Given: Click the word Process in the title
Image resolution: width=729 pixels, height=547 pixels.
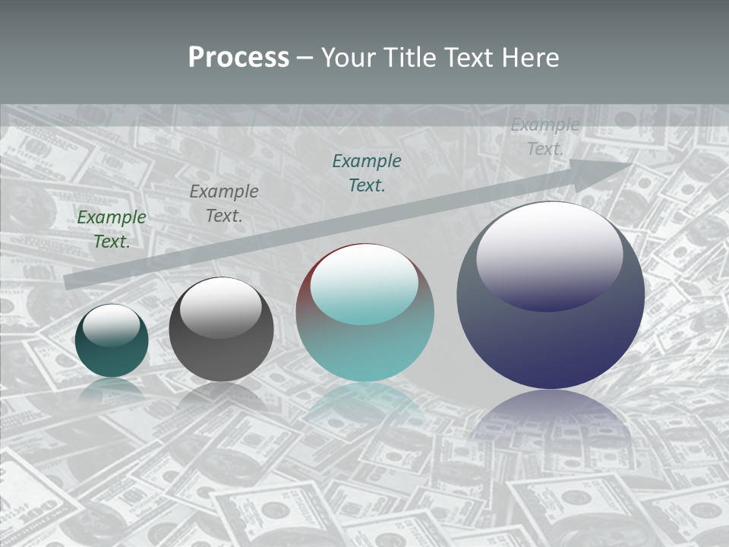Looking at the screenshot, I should tap(238, 58).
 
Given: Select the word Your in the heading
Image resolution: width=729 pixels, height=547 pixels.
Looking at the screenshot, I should tap(350, 58).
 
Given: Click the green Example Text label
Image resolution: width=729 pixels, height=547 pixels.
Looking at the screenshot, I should tap(112, 229).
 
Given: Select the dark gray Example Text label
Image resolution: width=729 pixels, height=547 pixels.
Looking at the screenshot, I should tap(224, 203).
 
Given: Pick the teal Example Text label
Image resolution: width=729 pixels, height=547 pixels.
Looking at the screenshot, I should tap(367, 172).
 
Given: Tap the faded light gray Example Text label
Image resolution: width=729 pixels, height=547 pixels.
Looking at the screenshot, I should tap(544, 137).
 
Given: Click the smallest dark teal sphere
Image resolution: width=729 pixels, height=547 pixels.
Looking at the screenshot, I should tap(112, 351).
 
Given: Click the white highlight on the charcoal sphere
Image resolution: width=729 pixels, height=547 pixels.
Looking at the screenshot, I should tap(221, 307).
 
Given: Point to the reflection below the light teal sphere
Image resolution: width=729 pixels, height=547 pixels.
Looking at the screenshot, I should tap(364, 403).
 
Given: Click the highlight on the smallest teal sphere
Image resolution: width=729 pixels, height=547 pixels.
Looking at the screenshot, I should tap(112, 326).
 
